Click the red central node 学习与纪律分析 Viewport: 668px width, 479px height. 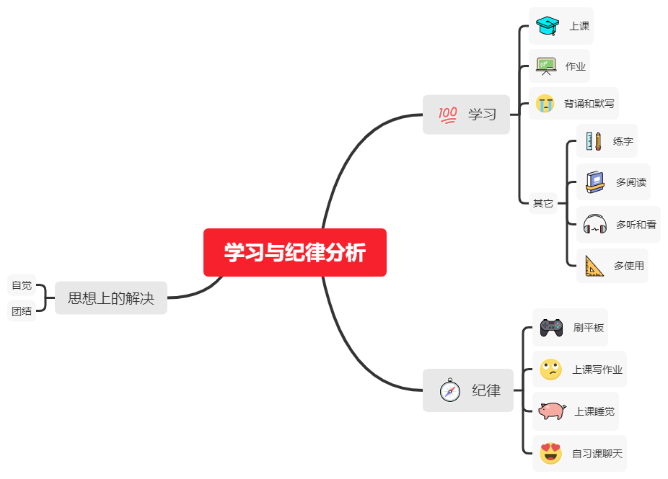click(x=294, y=253)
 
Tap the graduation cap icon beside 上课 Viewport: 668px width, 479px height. click(x=548, y=26)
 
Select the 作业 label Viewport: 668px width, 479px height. click(x=576, y=66)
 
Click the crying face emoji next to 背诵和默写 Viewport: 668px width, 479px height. click(x=545, y=103)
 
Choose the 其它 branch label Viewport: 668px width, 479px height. click(x=542, y=203)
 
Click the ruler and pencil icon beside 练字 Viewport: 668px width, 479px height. click(x=594, y=141)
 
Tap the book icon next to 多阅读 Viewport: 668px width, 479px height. click(x=594, y=182)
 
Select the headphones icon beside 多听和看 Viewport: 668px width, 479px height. click(x=594, y=225)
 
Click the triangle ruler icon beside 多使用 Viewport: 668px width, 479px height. click(x=594, y=266)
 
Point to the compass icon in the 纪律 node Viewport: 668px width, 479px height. click(x=450, y=390)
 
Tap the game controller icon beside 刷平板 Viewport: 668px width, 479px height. click(x=551, y=328)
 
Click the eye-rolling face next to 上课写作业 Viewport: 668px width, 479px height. click(x=550, y=370)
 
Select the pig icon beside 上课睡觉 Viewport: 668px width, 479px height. click(x=552, y=411)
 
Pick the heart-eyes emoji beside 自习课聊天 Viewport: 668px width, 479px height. click(x=550, y=454)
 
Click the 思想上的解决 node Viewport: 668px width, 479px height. click(x=111, y=297)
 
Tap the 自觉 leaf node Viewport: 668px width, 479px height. click(x=22, y=285)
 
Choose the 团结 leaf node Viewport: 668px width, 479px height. click(x=22, y=311)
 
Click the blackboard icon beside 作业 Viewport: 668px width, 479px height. click(x=546, y=66)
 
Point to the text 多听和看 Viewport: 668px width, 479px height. click(x=636, y=225)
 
